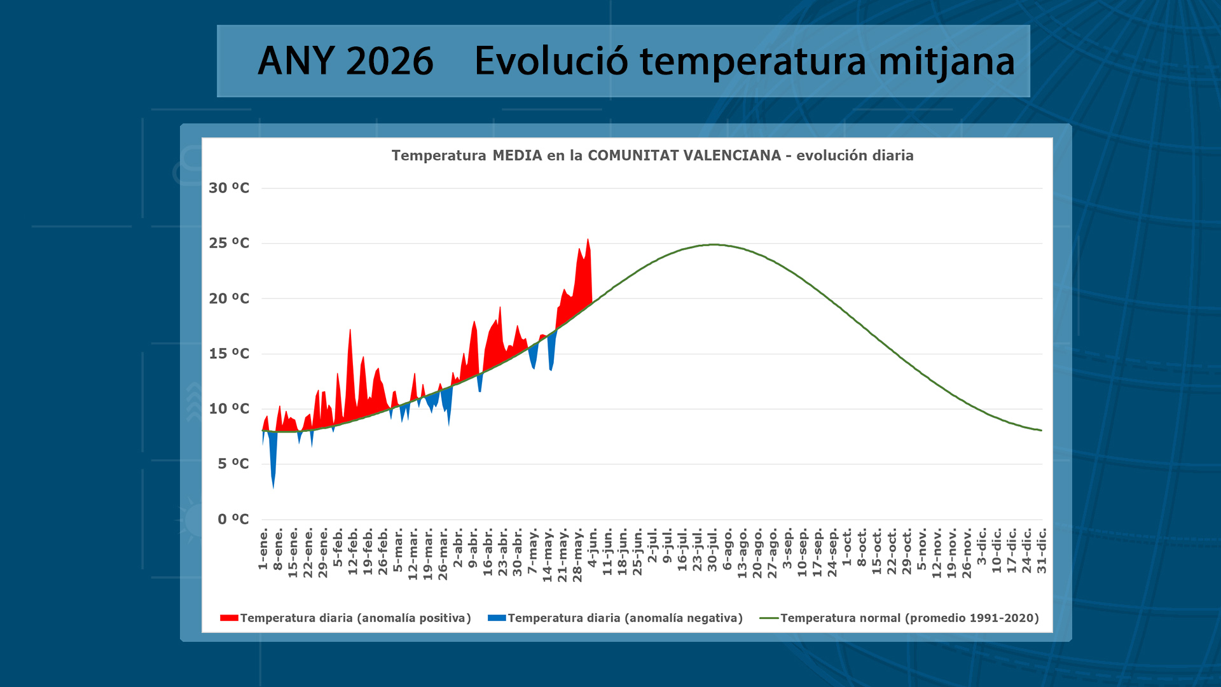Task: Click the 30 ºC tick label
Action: (229, 188)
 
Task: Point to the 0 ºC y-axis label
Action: (233, 519)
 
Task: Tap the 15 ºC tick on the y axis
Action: (229, 354)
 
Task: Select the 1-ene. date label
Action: (263, 548)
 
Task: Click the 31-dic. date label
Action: (1042, 551)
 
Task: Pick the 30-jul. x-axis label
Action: (712, 550)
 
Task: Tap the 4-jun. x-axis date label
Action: (593, 549)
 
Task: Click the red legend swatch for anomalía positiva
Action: (229, 618)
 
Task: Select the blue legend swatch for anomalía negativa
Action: (497, 618)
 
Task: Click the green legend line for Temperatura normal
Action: (769, 618)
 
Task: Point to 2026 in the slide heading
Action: (390, 61)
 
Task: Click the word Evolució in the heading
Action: (551, 61)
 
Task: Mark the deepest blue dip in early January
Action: (273, 487)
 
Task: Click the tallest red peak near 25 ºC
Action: (588, 240)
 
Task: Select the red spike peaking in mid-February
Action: (350, 330)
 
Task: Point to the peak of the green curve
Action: (715, 244)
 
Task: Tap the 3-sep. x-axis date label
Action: (787, 550)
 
